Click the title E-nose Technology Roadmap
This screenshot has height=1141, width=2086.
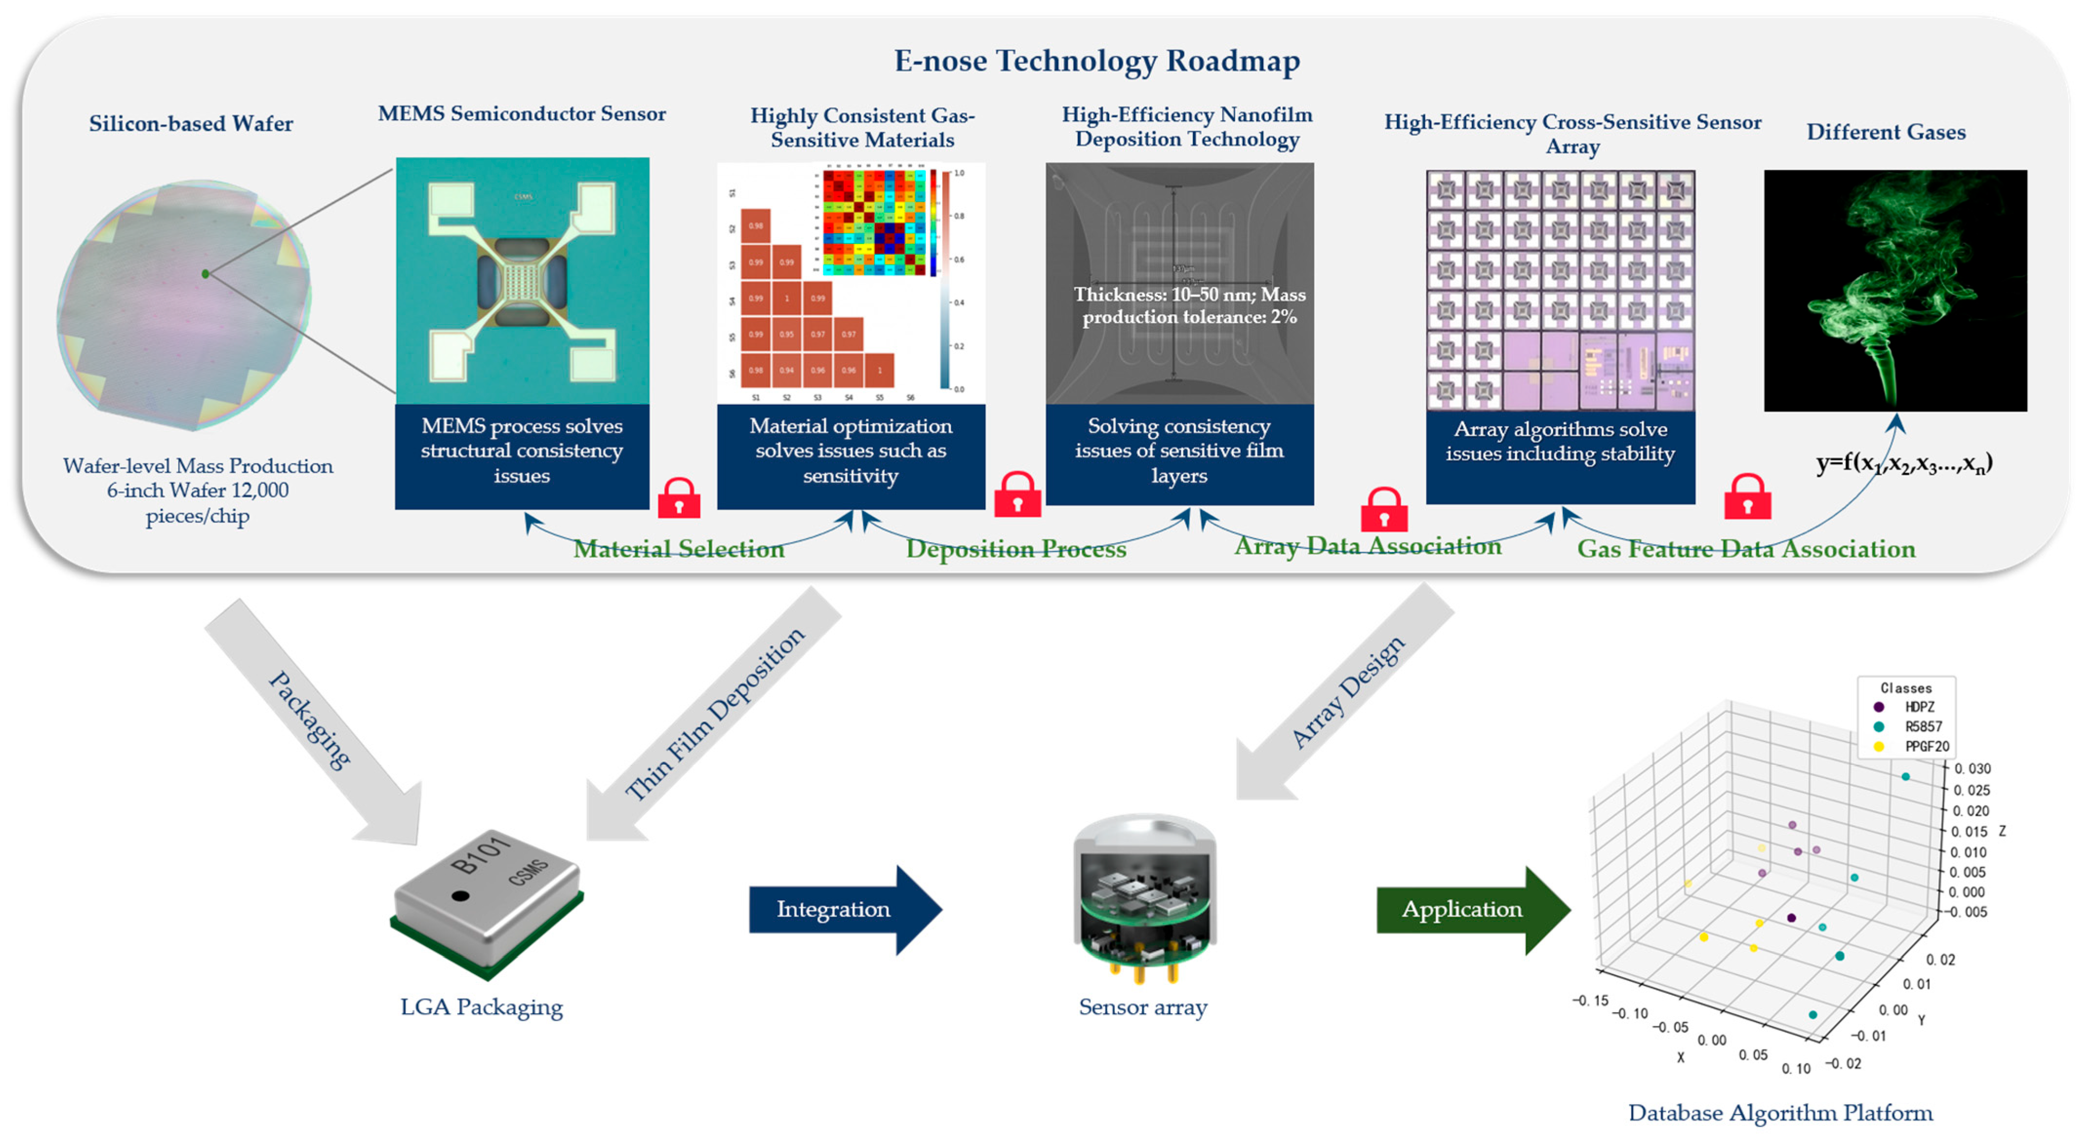(x=1096, y=61)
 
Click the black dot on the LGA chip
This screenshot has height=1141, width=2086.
(x=460, y=896)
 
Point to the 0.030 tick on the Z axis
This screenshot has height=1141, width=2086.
(x=1972, y=768)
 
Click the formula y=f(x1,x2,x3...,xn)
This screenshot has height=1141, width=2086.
(x=1903, y=463)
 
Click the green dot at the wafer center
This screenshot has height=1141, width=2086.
(x=206, y=274)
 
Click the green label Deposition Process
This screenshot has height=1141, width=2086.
(x=1015, y=549)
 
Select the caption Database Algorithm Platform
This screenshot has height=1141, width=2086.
(x=1780, y=1113)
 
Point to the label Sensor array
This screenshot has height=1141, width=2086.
(x=1143, y=1006)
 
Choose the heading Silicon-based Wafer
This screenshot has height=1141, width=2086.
(x=191, y=124)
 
